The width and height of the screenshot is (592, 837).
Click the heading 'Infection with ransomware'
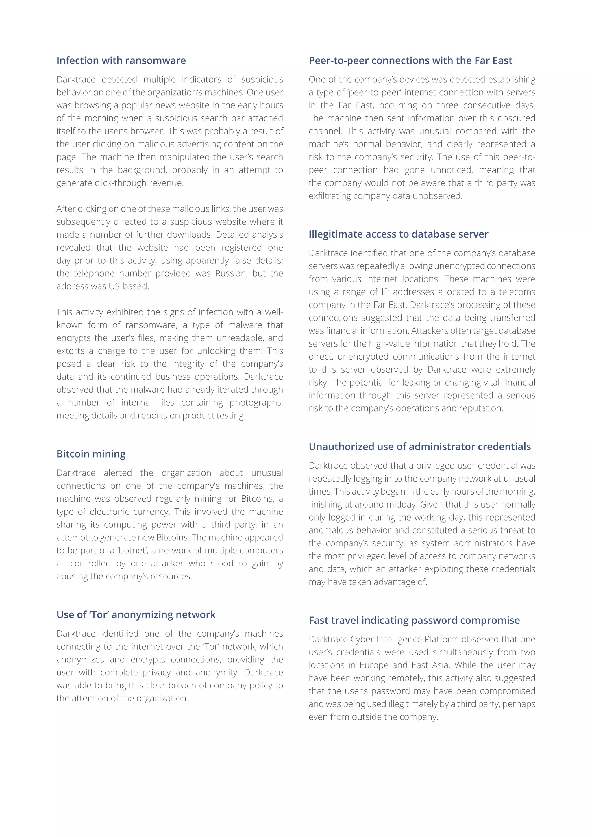[121, 60]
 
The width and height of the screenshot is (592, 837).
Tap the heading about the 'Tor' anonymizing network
[136, 615]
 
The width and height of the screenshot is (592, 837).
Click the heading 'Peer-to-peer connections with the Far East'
[410, 60]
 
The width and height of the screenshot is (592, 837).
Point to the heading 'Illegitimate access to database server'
[398, 234]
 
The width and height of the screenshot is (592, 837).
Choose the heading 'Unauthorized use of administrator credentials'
[420, 447]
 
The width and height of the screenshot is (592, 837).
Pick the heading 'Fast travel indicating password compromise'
[414, 620]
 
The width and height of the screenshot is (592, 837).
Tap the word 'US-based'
[128, 286]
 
